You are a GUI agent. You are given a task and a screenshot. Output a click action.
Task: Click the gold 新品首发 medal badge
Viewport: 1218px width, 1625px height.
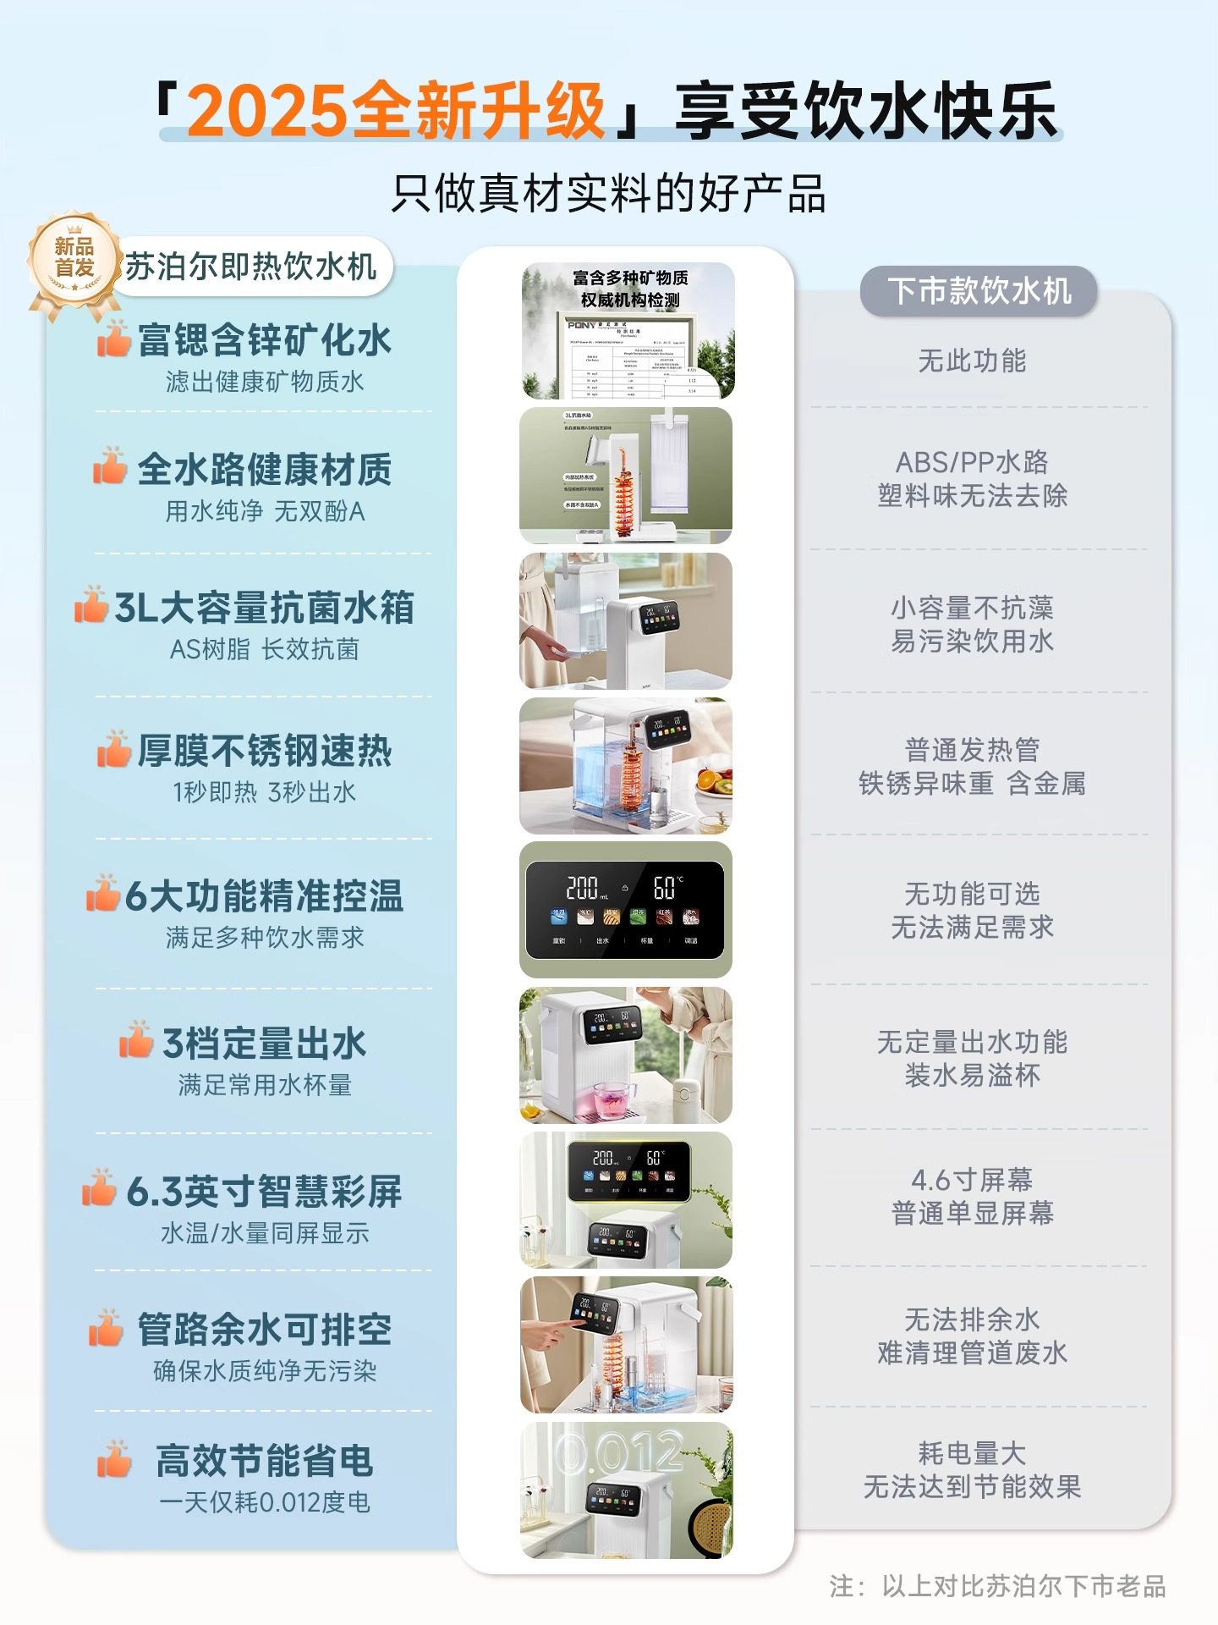tap(74, 259)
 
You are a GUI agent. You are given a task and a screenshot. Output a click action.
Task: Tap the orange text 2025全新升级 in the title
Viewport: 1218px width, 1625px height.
tap(396, 111)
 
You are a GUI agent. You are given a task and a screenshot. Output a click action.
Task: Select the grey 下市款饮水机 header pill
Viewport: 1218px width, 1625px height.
tap(979, 291)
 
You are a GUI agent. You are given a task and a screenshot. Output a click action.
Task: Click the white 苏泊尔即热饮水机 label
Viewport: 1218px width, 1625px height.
tap(251, 267)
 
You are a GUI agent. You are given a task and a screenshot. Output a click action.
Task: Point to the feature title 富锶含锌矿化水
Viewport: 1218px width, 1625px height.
tap(264, 340)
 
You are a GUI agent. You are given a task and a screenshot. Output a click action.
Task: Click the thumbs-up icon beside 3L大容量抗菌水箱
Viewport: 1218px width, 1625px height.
tap(91, 604)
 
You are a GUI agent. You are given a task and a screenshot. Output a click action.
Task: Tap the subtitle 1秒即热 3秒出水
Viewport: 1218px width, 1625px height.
tap(264, 792)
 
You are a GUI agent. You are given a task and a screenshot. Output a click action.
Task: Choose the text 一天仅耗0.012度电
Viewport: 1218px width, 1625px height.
tap(264, 1502)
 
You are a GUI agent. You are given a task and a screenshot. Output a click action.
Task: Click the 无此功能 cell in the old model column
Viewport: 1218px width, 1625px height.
tap(972, 361)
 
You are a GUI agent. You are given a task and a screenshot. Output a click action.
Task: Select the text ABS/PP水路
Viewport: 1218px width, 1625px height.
tap(972, 462)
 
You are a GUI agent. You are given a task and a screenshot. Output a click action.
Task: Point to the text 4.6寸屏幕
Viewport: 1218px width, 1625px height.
tap(972, 1179)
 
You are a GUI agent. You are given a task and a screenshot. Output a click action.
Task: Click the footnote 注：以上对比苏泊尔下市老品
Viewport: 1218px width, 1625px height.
tap(998, 1585)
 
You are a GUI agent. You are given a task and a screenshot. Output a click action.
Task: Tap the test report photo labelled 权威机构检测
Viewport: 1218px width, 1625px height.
tap(628, 331)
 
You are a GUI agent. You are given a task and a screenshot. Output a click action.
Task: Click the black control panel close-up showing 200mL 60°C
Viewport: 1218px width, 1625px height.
tap(625, 910)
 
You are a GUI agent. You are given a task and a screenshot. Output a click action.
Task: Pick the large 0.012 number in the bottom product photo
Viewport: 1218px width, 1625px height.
tap(619, 1452)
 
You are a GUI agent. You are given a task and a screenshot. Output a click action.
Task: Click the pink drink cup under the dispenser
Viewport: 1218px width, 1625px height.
tap(607, 1098)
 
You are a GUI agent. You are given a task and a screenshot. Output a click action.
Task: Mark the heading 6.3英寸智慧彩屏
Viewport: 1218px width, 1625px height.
tap(264, 1192)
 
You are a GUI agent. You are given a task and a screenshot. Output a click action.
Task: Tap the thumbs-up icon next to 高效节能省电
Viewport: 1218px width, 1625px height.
tap(113, 1458)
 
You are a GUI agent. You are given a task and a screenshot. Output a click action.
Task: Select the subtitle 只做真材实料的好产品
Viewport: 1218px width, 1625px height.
tap(608, 194)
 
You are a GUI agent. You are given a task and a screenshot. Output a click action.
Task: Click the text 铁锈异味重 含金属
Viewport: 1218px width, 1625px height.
tap(972, 784)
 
